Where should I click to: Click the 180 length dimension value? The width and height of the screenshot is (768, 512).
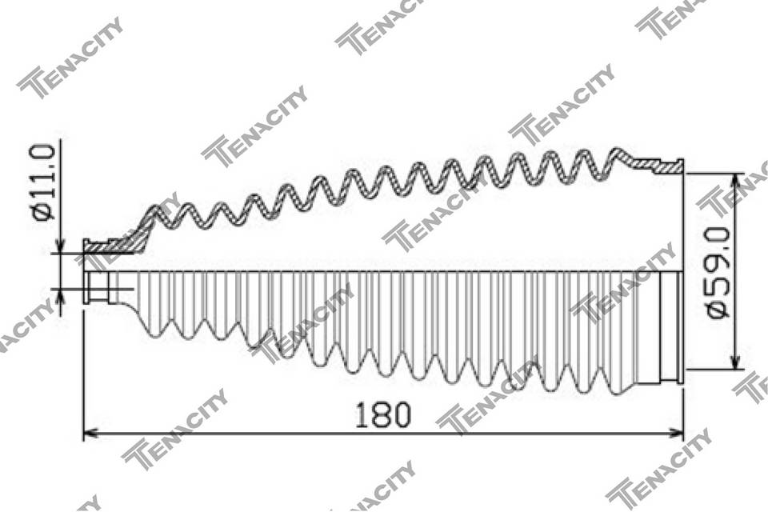tap(383, 414)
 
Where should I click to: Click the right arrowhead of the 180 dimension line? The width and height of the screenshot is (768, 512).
tap(677, 433)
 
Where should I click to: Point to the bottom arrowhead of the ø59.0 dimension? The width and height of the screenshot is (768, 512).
tap(734, 361)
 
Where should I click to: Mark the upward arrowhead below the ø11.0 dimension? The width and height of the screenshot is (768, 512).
tap(61, 296)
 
